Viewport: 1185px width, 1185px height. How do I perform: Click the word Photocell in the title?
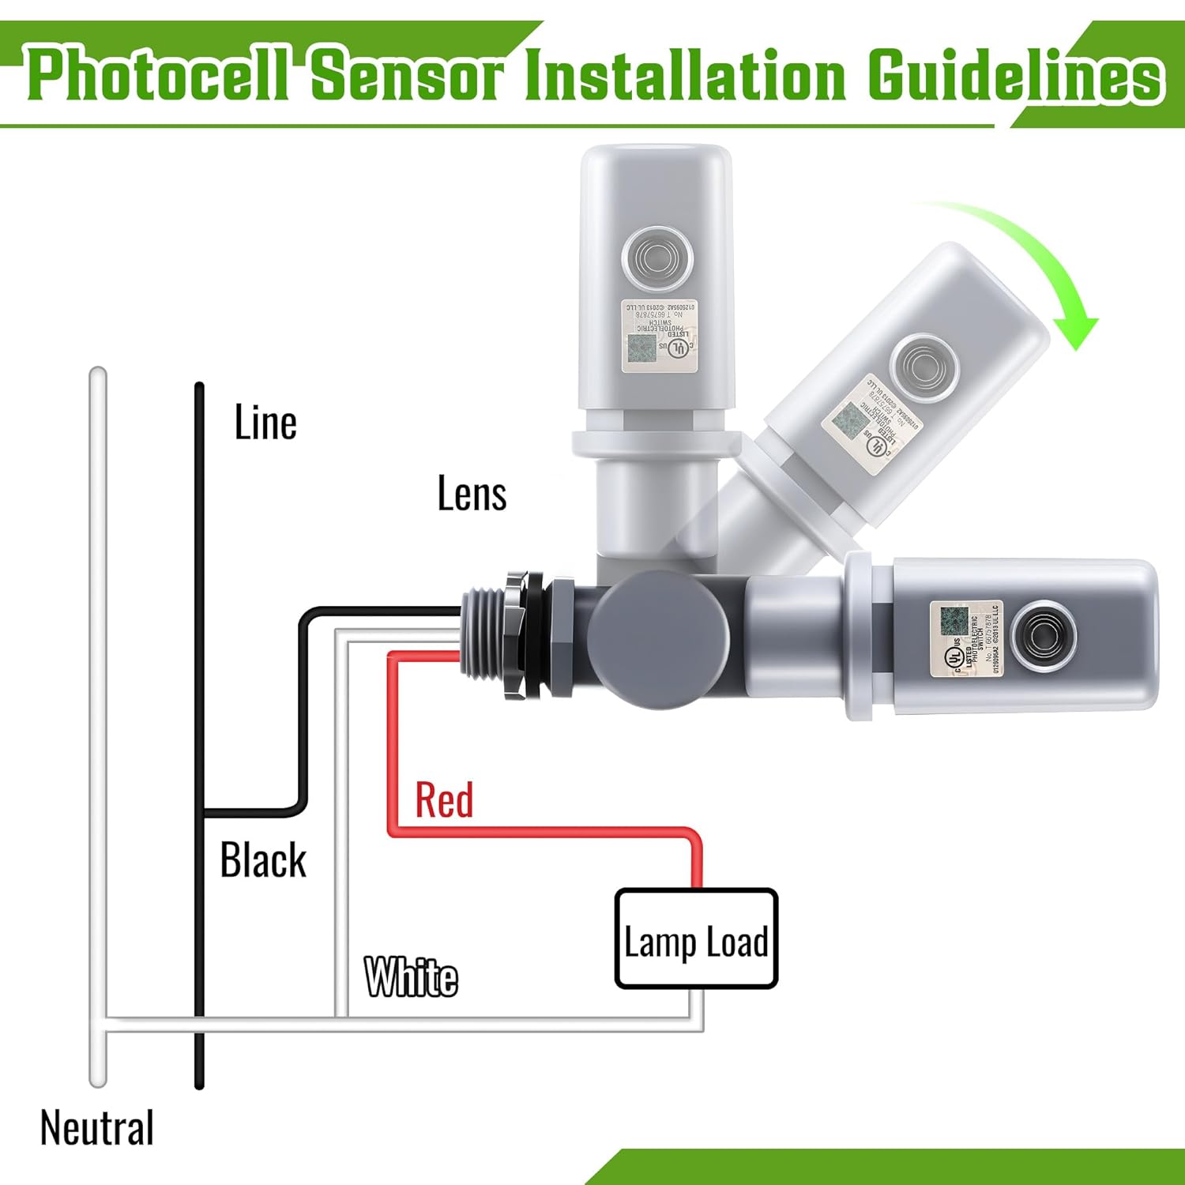158,75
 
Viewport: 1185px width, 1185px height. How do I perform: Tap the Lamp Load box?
696,939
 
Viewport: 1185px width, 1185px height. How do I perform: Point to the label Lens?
472,494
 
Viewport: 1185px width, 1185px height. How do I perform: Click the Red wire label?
444,799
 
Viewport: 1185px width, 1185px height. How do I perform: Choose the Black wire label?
263,860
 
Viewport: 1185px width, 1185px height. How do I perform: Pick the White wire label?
411,977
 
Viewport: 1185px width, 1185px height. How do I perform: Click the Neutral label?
97,1128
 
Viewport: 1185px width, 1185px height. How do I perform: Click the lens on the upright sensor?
657,258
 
